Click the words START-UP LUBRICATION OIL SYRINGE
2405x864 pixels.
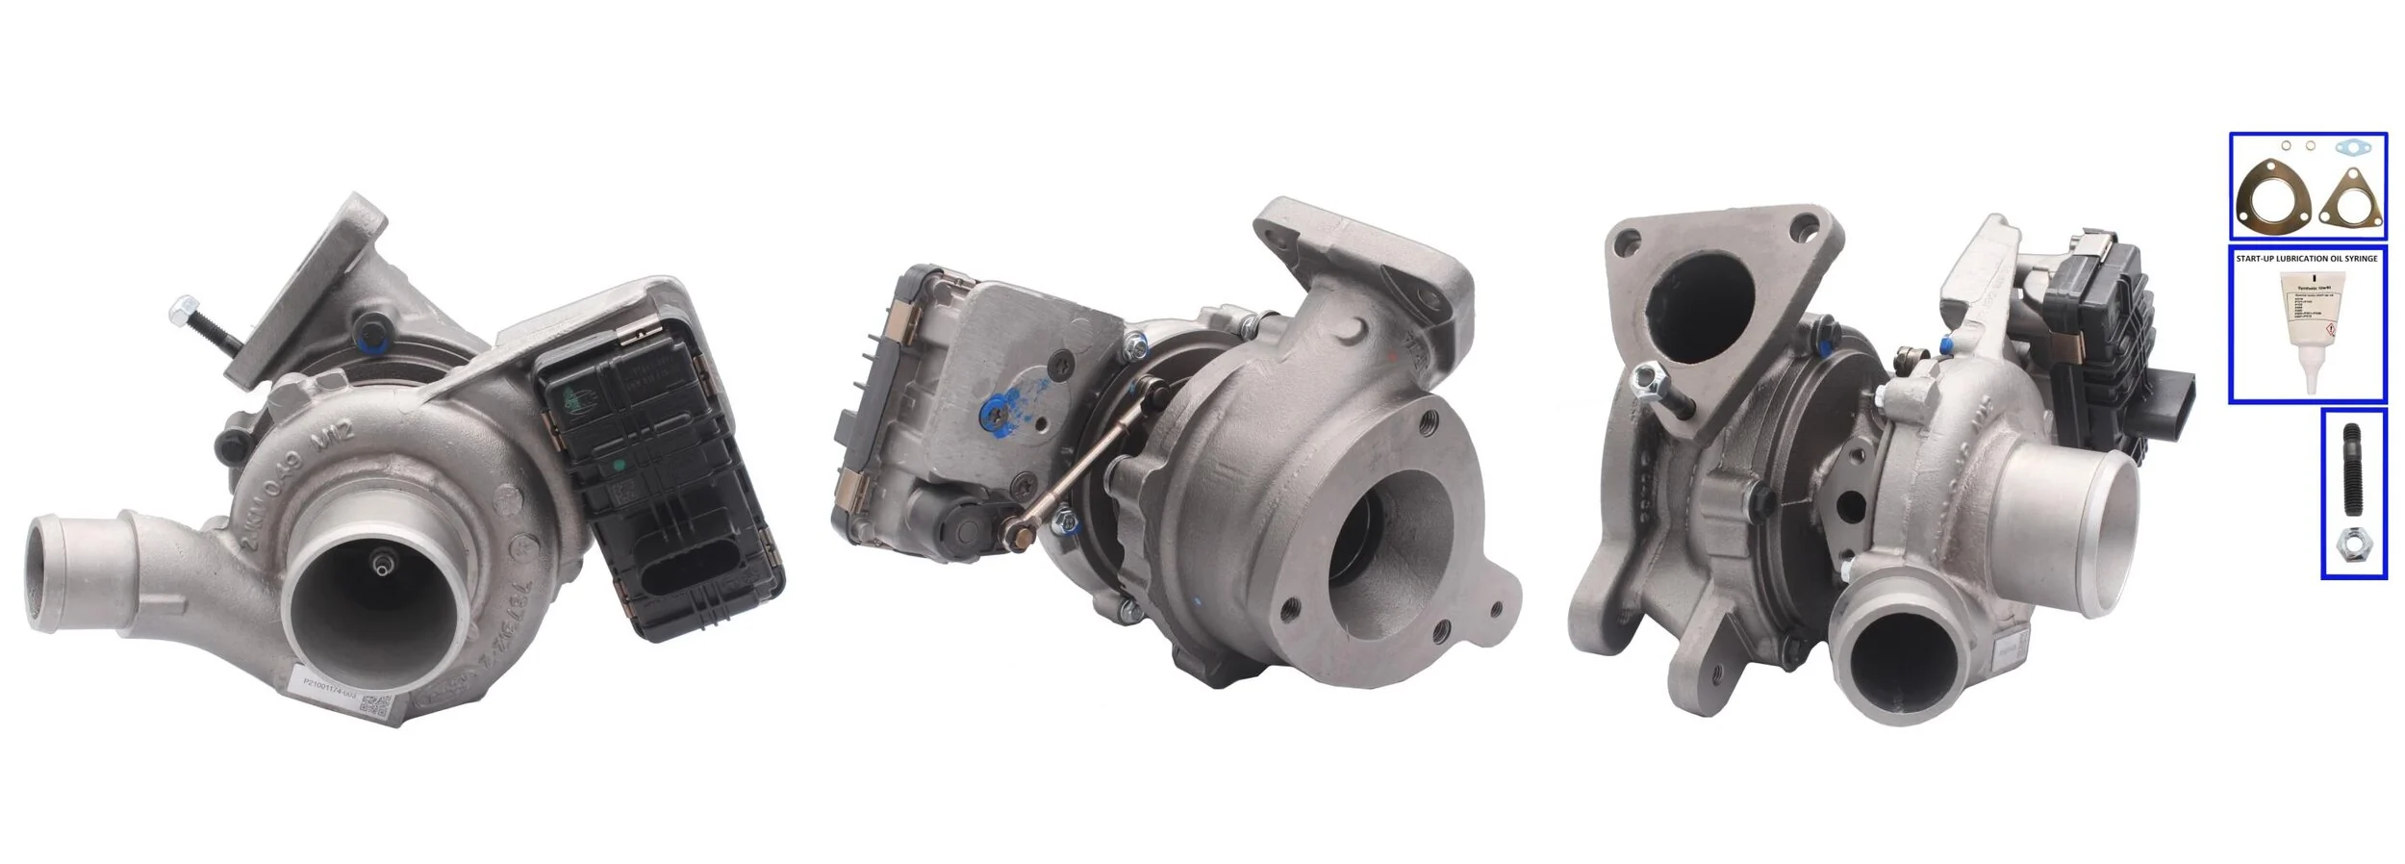coord(2306,259)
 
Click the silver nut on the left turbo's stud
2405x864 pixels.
coord(178,311)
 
